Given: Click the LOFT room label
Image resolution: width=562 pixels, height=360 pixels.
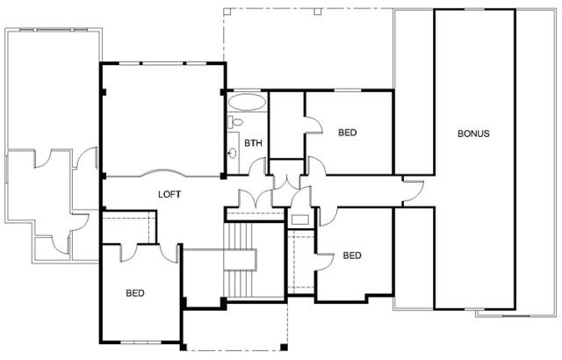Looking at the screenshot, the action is point(169,195).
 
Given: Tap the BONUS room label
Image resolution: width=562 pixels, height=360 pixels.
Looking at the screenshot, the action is point(473,133).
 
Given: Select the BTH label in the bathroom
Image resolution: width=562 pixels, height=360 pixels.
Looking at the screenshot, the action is point(253,143).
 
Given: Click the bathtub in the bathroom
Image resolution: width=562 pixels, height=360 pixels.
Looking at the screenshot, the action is point(247,102).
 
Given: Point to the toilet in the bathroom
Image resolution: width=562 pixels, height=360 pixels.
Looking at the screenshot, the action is point(235,122).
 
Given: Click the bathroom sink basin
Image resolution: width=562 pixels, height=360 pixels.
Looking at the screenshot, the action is point(232,154).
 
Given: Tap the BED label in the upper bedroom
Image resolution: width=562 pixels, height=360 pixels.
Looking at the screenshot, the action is point(348,133).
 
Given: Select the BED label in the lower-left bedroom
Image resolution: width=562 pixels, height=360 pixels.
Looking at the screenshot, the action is point(135,293).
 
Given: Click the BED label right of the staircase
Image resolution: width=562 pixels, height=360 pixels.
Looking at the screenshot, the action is point(352,256).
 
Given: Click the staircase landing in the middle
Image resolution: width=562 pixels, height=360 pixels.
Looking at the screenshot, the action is point(240,260).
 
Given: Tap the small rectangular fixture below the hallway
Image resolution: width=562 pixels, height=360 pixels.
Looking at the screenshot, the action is point(300,220).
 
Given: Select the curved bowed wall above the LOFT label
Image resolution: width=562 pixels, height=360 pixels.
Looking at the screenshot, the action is point(163,172).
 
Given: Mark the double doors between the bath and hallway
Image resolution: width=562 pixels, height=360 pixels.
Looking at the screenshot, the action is point(286,183).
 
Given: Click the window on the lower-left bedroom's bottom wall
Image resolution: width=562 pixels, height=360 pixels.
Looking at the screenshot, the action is point(140,342).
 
